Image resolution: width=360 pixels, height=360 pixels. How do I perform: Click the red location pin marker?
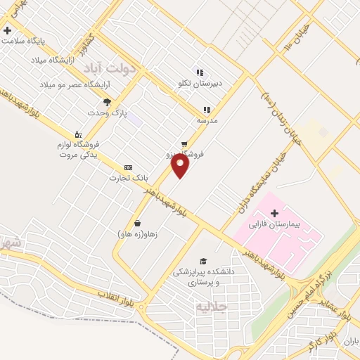point(181,166)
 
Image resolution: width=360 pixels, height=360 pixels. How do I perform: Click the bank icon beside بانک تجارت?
point(127,167)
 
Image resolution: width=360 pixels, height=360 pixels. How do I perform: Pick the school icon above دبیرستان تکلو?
point(200,72)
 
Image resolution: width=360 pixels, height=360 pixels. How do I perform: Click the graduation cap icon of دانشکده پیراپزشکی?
point(203,259)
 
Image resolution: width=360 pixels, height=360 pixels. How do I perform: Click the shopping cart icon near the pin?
point(184,143)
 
